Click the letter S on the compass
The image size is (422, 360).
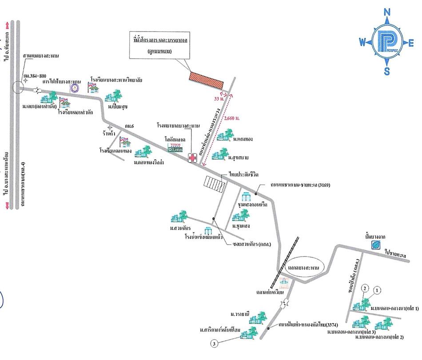(x=387, y=72)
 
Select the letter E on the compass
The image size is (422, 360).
(x=411, y=43)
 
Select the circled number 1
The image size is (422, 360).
(x=378, y=290)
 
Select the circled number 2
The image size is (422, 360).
(x=364, y=289)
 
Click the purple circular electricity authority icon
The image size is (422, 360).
(x=75, y=88)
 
